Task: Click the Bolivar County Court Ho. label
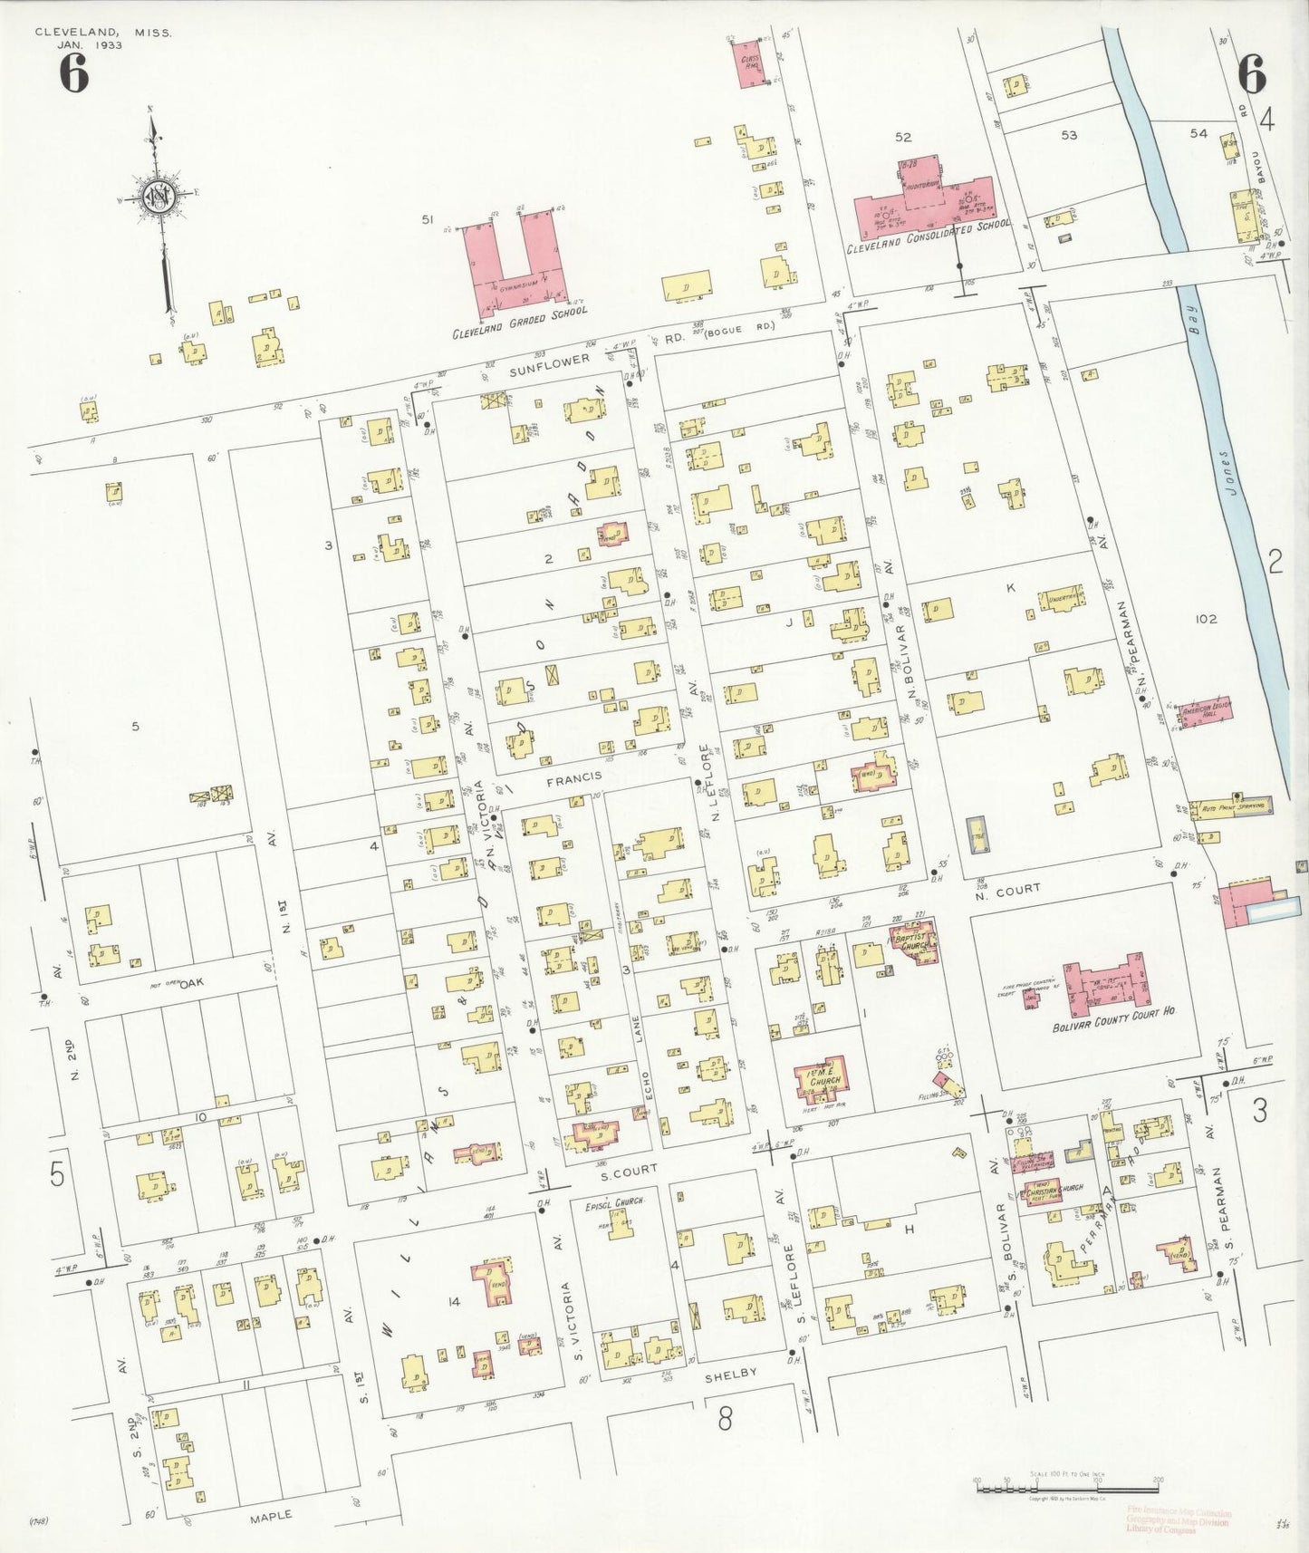(x=1113, y=1032)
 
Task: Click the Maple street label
(x=271, y=1515)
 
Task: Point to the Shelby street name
(x=730, y=1374)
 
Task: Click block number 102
(x=1205, y=620)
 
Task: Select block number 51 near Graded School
(x=428, y=219)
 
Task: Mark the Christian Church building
(x=1044, y=1189)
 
